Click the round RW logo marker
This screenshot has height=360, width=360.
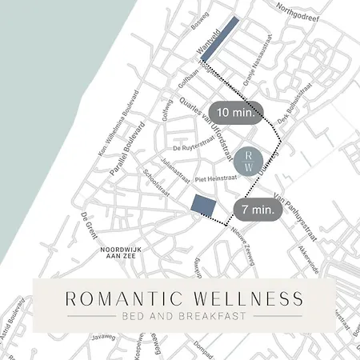click(249, 161)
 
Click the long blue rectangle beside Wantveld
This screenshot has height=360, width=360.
click(219, 38)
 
